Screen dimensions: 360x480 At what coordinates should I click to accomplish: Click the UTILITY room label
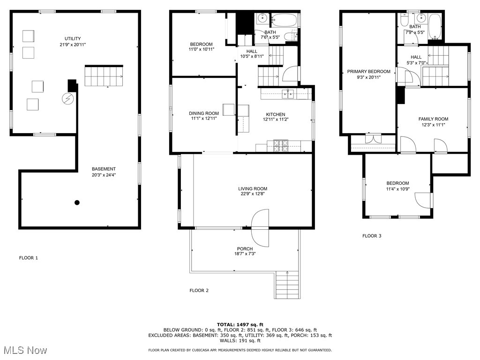click(73, 38)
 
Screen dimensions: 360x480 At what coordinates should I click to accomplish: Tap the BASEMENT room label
click(104, 169)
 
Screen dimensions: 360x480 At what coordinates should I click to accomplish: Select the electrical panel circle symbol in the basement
click(68, 99)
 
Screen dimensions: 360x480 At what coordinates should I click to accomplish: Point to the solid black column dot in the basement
click(77, 202)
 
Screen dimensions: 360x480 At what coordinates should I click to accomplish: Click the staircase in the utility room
click(104, 76)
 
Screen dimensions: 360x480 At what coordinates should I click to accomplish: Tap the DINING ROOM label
click(204, 113)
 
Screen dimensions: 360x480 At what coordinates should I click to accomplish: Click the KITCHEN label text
click(276, 114)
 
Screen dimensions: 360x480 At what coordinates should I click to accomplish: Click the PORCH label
click(245, 248)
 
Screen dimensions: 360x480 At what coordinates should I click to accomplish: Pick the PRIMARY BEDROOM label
click(368, 71)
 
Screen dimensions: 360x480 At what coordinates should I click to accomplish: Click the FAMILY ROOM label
click(433, 119)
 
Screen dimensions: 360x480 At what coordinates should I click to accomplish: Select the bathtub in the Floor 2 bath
click(284, 20)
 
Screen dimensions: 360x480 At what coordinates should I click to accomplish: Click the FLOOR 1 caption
click(29, 258)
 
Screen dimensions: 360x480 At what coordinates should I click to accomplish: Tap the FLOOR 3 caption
click(372, 236)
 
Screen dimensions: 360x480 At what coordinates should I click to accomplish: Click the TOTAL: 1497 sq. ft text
click(240, 324)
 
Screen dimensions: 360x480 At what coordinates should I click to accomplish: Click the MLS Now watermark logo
click(24, 350)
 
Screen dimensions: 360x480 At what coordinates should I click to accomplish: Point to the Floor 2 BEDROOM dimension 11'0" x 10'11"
click(201, 49)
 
